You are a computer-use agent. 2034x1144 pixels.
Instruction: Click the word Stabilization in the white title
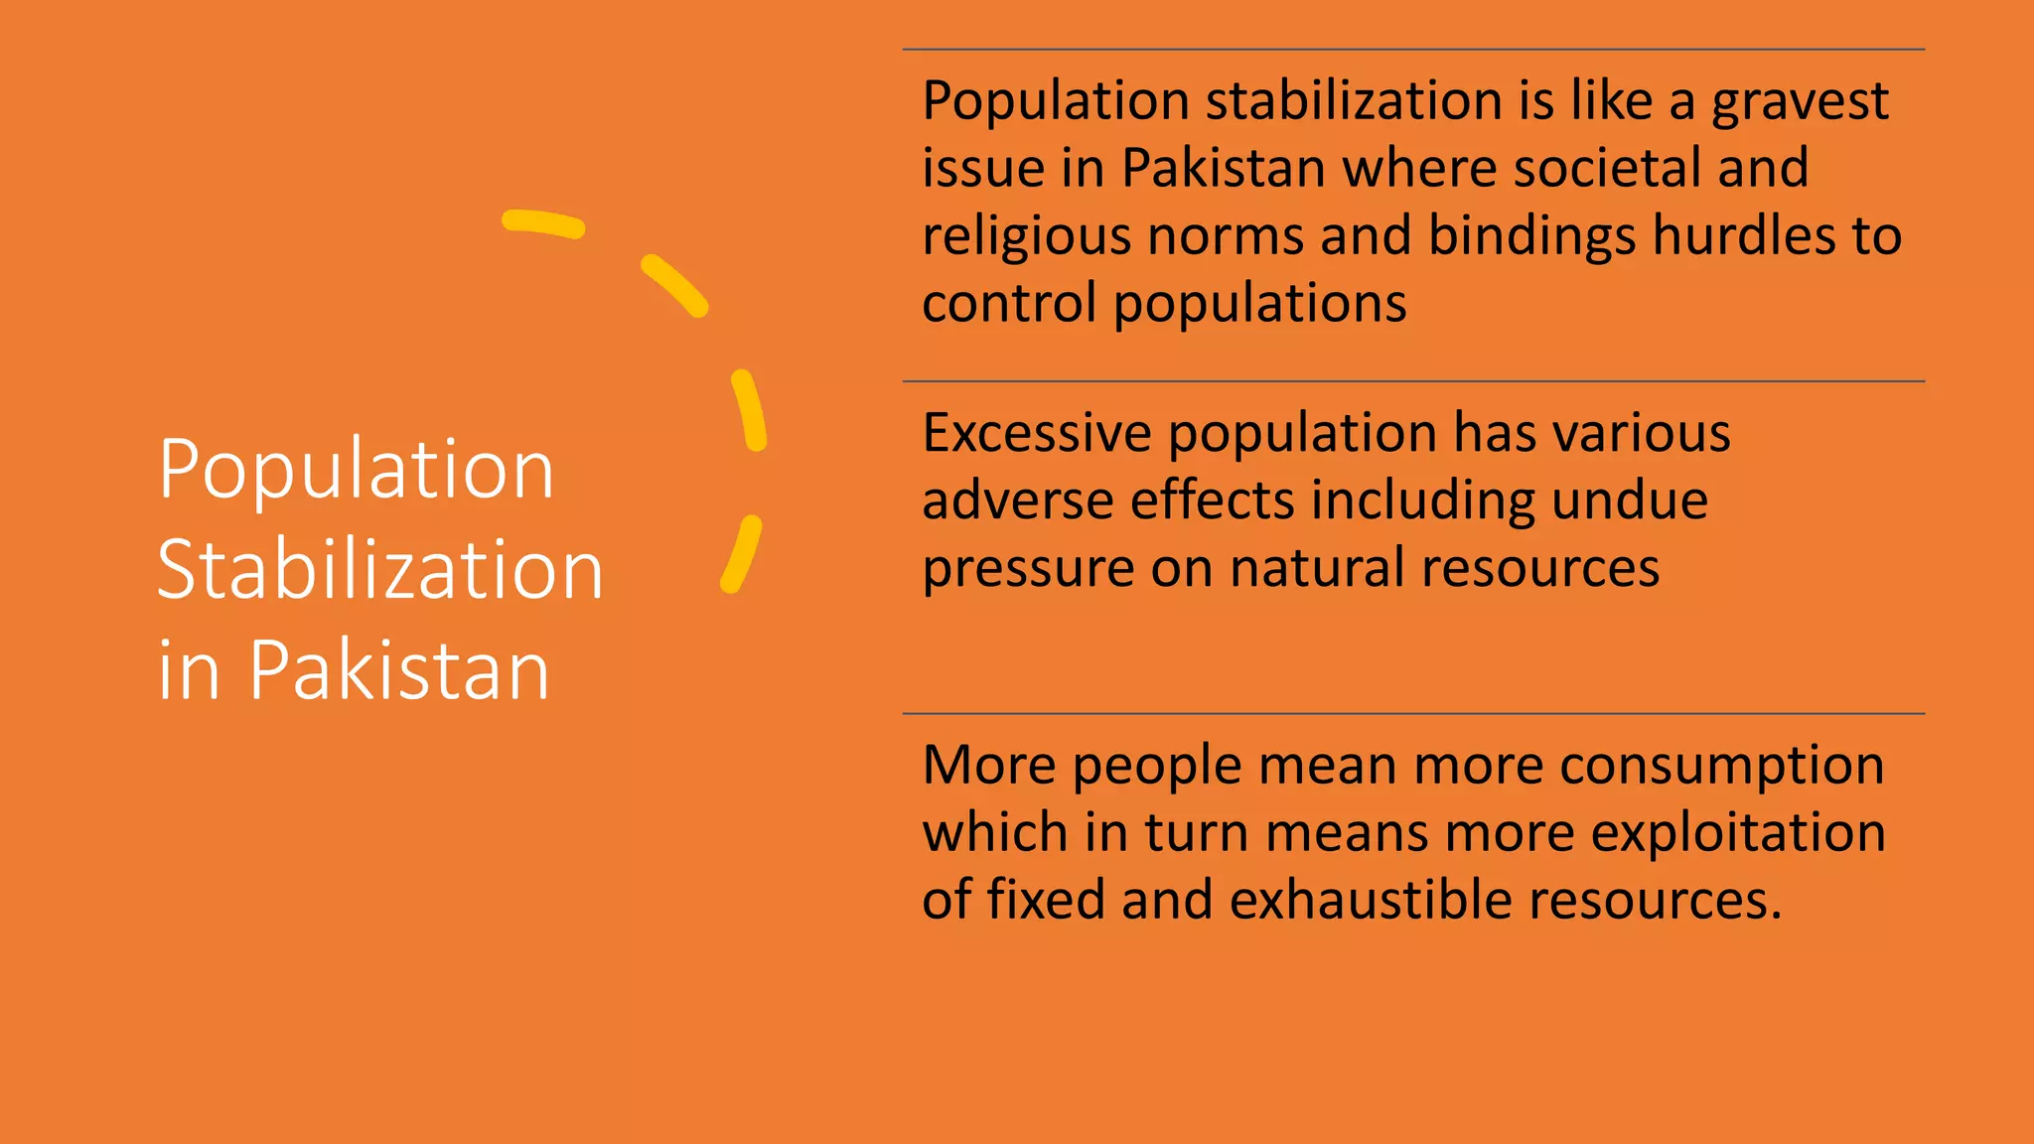380,569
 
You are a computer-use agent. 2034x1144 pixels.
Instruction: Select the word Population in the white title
356,469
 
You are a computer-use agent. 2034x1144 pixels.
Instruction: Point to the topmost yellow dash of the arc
542,223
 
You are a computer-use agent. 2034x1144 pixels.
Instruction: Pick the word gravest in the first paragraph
1800,102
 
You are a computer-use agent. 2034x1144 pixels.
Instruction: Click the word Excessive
1037,433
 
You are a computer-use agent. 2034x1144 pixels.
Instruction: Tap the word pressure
1028,569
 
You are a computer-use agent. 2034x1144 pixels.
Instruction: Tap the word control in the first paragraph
1009,302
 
